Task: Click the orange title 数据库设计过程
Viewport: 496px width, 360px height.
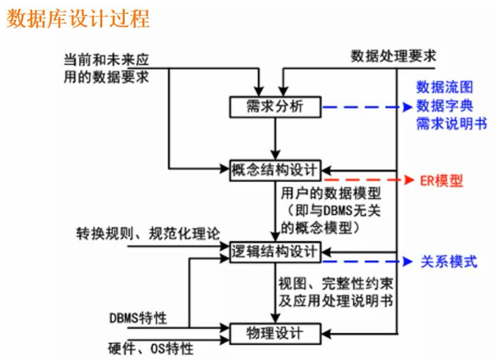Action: point(78,19)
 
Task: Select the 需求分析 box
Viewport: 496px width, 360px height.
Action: point(275,107)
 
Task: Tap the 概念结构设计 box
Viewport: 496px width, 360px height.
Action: point(275,169)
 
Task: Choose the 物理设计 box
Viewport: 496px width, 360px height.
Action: point(275,334)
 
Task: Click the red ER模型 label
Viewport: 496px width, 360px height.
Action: point(441,181)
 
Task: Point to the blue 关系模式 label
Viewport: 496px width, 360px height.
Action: point(449,262)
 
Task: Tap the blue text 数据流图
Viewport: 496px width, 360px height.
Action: point(444,87)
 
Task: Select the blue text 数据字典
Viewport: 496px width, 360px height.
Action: point(444,106)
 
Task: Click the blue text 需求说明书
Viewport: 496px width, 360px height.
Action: point(451,124)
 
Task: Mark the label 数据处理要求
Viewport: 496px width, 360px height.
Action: point(393,56)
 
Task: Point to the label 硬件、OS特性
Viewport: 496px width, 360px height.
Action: point(151,349)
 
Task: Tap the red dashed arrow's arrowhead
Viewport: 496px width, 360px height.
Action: point(407,180)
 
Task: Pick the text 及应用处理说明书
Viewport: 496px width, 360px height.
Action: point(335,300)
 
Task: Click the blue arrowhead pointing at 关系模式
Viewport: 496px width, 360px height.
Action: point(407,262)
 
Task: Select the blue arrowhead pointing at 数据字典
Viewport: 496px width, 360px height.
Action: point(407,107)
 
